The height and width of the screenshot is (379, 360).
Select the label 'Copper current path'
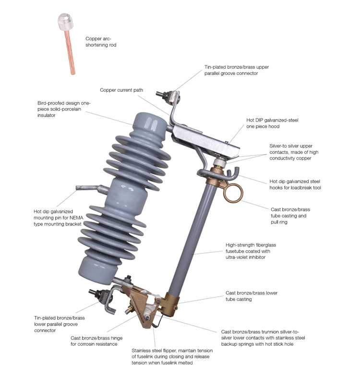coord(121,90)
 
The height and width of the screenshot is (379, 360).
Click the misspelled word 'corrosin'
coord(89,344)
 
